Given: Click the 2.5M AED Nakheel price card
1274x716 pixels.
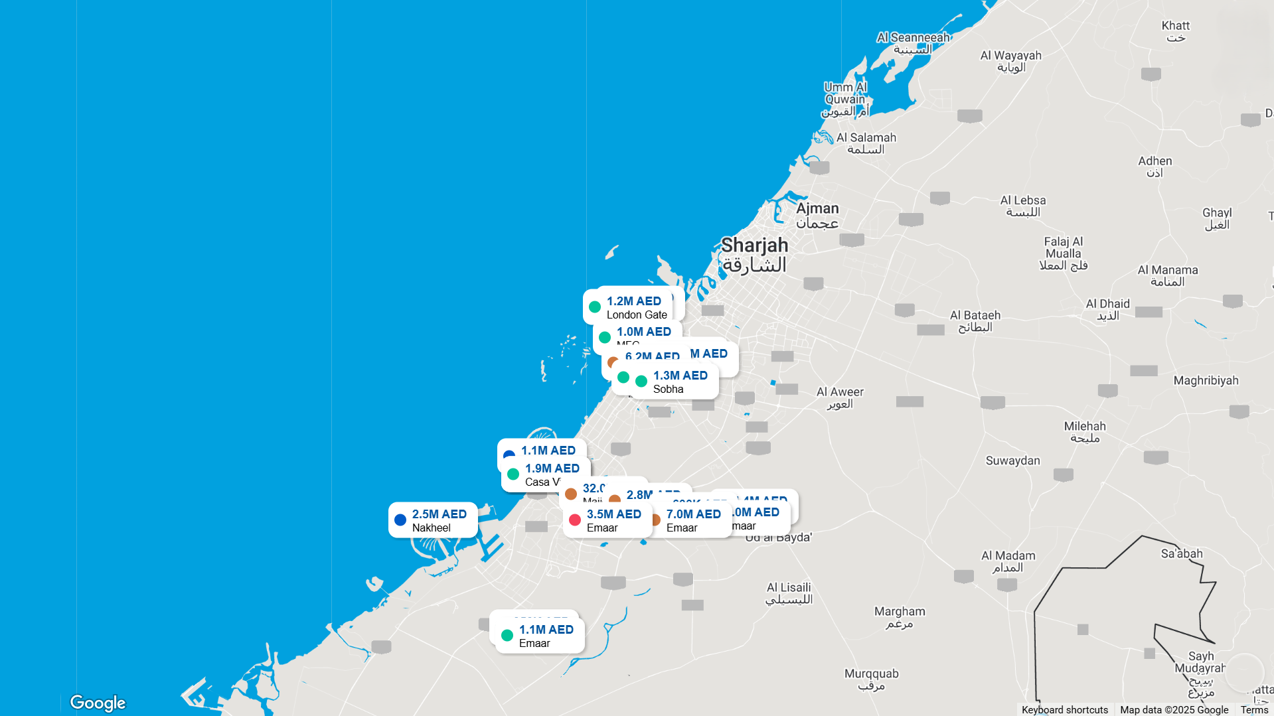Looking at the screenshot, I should [x=433, y=520].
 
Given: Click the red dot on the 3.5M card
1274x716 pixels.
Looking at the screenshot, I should [x=575, y=520].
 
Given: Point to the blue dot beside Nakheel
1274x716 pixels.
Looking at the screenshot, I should [x=400, y=520].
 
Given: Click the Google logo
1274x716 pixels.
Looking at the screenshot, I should [x=98, y=702].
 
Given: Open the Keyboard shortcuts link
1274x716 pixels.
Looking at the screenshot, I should [x=1064, y=709].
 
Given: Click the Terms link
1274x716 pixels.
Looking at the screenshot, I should [x=1254, y=709].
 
